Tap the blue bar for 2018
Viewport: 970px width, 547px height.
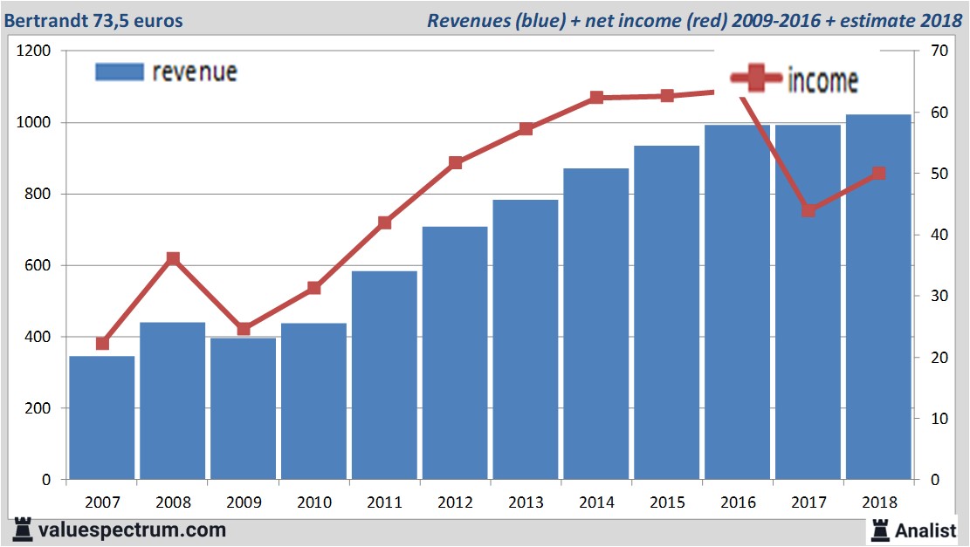tap(878, 297)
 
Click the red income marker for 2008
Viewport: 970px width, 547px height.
tap(173, 258)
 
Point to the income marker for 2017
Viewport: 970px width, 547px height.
tap(808, 210)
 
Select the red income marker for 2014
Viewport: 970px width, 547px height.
tap(596, 98)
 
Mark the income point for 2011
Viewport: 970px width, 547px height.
tap(385, 222)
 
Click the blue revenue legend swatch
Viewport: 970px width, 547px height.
tap(119, 72)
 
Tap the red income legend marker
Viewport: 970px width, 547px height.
tap(755, 79)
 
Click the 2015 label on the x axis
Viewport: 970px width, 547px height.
tap(667, 503)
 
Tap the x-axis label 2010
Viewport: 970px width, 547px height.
tap(314, 503)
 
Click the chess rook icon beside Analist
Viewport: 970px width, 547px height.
tap(880, 530)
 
